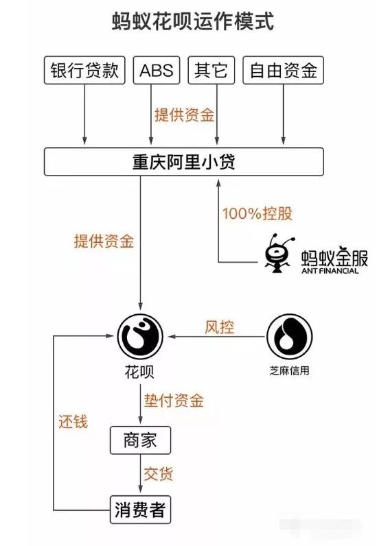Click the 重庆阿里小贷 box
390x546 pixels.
click(x=183, y=162)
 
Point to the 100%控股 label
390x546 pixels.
click(x=257, y=213)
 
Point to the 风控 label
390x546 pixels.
click(x=220, y=327)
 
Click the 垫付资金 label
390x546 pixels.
click(x=173, y=400)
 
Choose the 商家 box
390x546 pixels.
click(x=140, y=440)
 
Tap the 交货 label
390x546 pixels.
click(x=159, y=473)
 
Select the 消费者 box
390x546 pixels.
click(x=139, y=510)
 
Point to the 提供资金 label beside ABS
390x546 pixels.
click(x=183, y=115)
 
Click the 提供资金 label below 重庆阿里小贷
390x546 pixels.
click(x=104, y=241)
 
